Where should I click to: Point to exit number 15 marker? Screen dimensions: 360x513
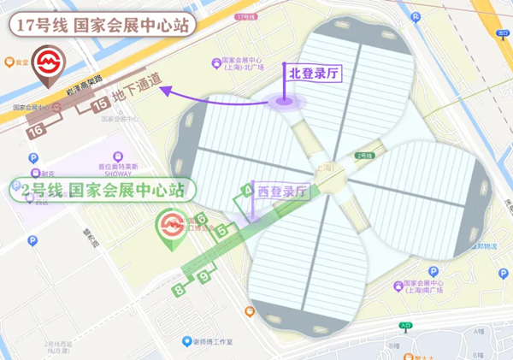point(100,104)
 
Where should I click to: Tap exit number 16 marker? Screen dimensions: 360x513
point(36,131)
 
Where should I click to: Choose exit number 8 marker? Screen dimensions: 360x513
point(179,291)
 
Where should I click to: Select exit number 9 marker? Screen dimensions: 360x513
point(204,276)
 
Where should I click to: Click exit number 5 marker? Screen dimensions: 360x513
point(223,229)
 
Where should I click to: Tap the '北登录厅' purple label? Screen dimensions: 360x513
point(315,74)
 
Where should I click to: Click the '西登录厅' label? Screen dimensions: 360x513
point(282,192)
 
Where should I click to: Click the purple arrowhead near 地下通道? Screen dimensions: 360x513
point(169,91)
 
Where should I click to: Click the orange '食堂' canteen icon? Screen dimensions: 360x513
point(10,62)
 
